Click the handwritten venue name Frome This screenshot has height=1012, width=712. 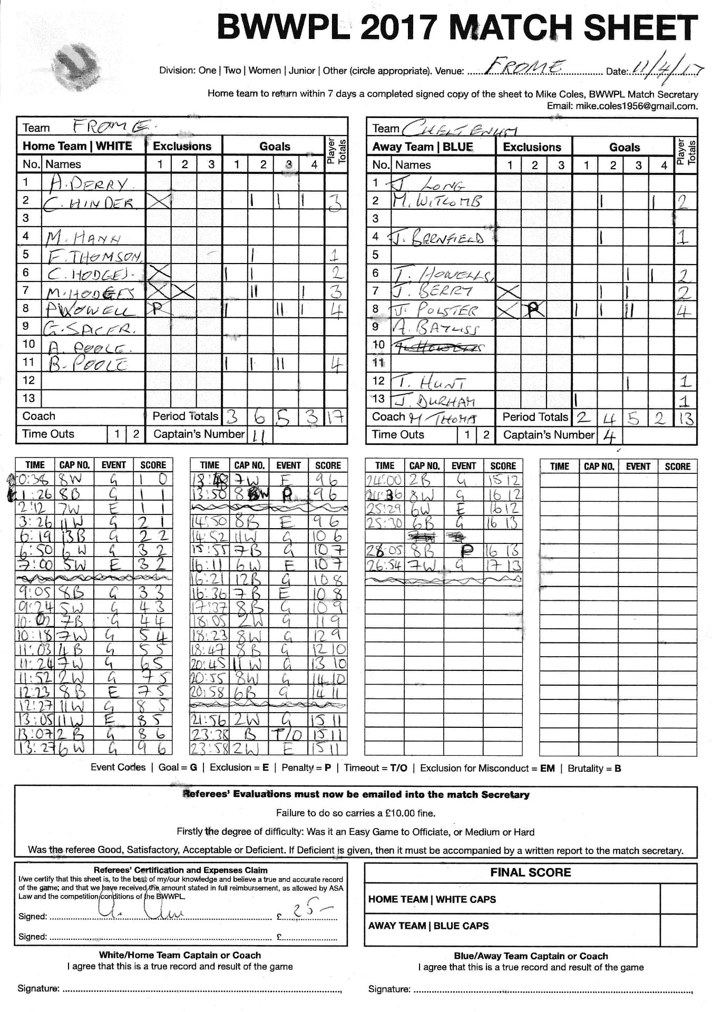point(524,67)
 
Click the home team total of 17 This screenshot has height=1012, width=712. point(335,417)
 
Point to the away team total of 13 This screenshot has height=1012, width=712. point(686,418)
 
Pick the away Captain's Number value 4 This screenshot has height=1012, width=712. point(609,436)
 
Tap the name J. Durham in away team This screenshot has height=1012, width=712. point(435,400)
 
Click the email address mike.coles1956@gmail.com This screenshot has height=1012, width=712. point(636,106)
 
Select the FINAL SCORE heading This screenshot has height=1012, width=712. point(530,872)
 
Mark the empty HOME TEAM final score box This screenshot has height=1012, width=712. point(678,899)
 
